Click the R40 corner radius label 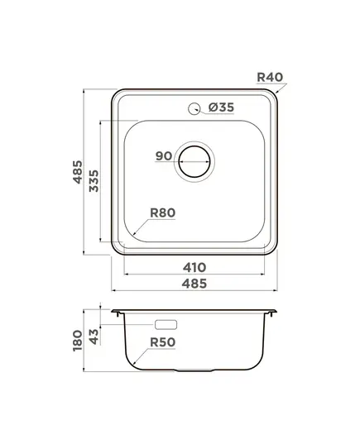(x=270, y=77)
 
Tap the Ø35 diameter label (x=221, y=107)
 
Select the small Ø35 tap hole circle (x=194, y=108)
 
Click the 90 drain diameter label (x=164, y=155)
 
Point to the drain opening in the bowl (x=194, y=162)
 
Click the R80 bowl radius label (x=163, y=212)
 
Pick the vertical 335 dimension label (x=94, y=181)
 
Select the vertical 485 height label (x=78, y=172)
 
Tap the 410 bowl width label (x=194, y=267)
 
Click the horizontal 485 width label (x=194, y=284)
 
